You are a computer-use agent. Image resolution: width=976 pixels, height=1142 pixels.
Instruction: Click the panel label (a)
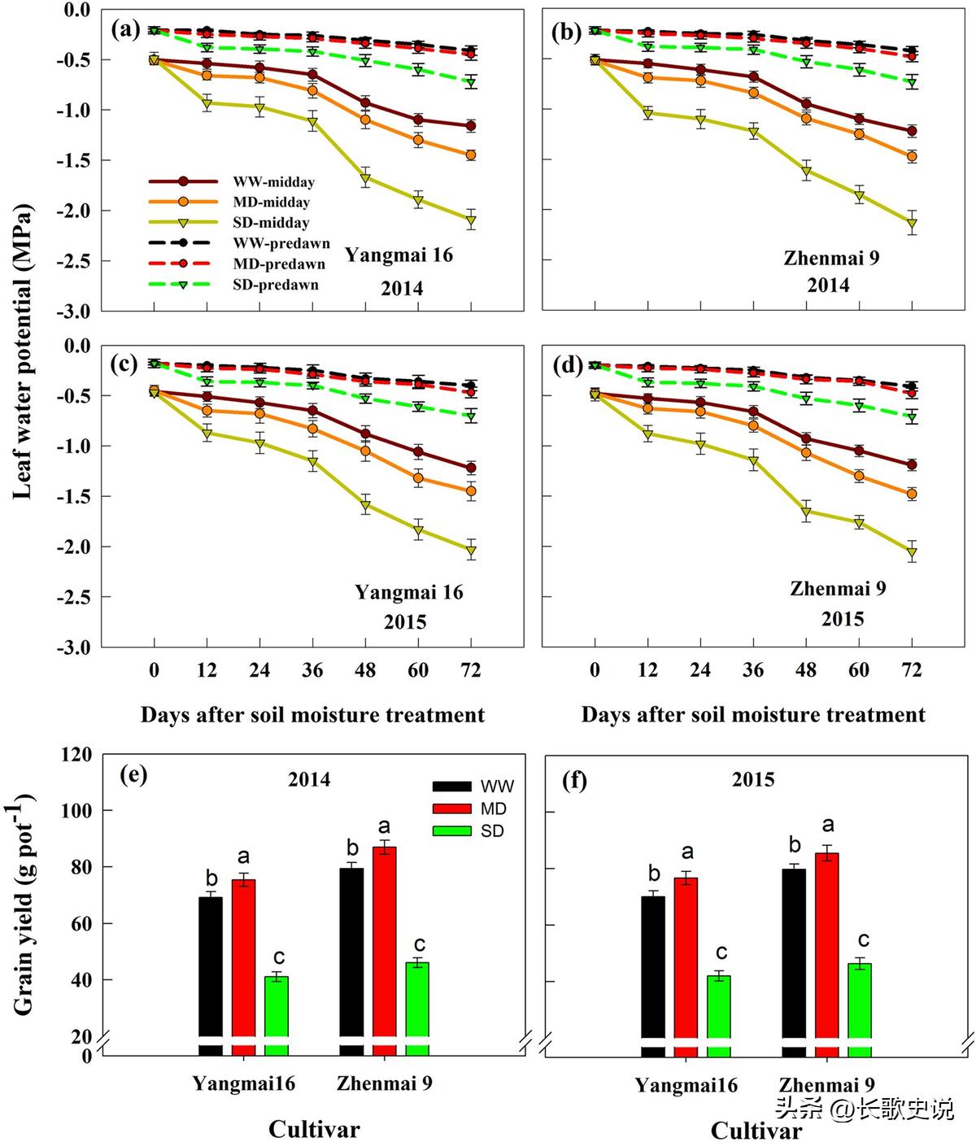[125, 31]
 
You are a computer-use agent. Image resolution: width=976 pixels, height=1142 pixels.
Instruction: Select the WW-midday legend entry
[273, 182]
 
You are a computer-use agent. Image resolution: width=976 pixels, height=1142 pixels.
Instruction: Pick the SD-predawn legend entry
[276, 285]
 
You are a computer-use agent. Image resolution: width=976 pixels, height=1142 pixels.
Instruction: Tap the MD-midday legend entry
[271, 203]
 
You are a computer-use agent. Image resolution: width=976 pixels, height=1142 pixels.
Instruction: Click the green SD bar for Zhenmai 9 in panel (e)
[417, 1009]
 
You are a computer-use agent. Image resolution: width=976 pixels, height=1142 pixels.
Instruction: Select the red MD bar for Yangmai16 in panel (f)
[686, 966]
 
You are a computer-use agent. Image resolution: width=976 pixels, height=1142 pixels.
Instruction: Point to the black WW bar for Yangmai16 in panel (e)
[211, 975]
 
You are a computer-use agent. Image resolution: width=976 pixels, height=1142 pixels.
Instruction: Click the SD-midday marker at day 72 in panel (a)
[471, 220]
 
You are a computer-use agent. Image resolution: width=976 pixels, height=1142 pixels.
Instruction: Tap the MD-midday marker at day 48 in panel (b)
[806, 119]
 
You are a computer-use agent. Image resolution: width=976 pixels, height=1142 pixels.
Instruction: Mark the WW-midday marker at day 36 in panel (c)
[312, 411]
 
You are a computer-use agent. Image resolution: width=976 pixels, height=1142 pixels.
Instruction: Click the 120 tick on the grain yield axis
[76, 755]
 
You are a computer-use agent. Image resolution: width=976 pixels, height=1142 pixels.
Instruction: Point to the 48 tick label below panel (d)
[806, 670]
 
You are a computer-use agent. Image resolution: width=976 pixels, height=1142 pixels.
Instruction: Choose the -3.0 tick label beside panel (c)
[73, 647]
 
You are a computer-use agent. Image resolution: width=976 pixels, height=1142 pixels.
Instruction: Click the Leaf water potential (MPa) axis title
[23, 351]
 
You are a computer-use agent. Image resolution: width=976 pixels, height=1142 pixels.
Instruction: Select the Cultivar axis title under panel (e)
[314, 1129]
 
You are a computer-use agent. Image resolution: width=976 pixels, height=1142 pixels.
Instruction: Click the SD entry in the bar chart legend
[491, 831]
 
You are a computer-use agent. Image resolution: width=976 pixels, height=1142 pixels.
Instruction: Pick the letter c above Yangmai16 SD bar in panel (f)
[721, 952]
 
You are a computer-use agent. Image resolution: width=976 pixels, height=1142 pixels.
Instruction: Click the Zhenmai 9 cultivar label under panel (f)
[826, 1085]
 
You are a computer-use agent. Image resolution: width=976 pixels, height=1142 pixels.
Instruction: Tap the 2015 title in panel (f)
[753, 779]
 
